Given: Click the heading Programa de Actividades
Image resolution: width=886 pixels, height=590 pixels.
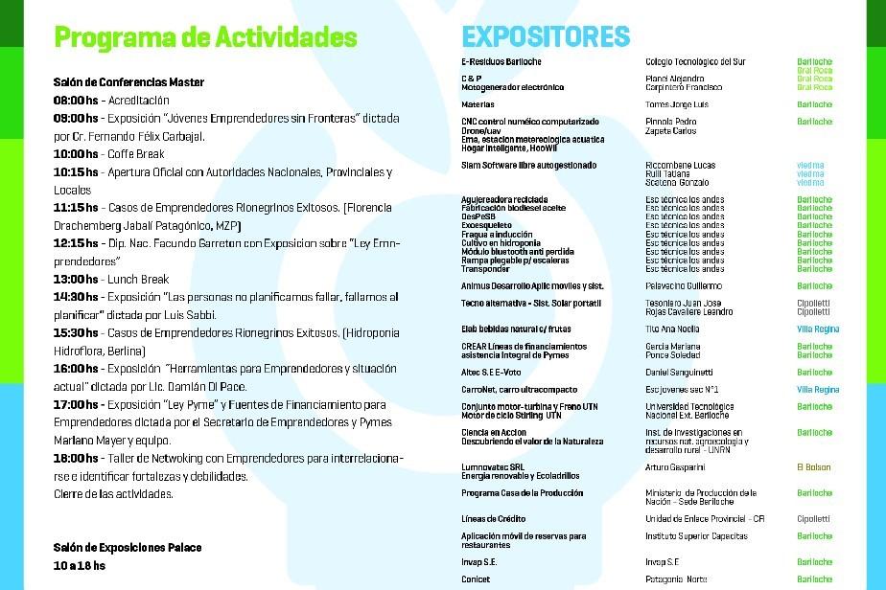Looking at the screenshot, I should (205, 37).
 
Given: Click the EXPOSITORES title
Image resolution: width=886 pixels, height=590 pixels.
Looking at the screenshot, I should (546, 37).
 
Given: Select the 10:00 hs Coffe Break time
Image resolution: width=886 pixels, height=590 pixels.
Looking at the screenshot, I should (76, 153).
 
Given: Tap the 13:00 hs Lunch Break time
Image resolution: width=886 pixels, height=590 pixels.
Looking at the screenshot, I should (76, 280).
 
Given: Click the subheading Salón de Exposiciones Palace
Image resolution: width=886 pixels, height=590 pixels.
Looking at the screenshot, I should (128, 547).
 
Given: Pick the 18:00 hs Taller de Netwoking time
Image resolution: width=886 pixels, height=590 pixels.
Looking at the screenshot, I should (76, 459).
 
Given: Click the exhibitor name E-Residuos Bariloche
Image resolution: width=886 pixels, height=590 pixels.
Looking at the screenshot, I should (501, 62).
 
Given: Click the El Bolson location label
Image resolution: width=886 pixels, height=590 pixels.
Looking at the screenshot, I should (814, 467).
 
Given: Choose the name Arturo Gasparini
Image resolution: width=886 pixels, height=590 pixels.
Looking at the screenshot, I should (675, 467).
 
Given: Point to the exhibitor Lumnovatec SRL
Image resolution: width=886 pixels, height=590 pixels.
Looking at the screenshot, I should (492, 467).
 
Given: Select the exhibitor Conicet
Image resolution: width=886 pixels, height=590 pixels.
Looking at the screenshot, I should (476, 579).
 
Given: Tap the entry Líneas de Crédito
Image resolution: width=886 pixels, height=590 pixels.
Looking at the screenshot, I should (493, 519).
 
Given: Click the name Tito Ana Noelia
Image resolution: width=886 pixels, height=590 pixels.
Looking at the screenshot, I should (672, 329).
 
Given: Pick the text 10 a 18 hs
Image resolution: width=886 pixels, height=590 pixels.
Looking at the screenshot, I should (79, 565).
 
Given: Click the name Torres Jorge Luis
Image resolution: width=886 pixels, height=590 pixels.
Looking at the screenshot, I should (677, 104).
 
